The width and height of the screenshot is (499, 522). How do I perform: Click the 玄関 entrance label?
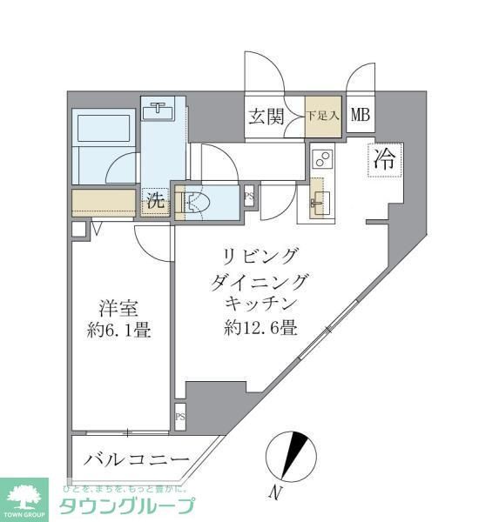tap(266, 116)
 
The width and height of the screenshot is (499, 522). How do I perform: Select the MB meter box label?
tap(361, 114)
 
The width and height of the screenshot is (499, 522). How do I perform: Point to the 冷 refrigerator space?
tap(383, 159)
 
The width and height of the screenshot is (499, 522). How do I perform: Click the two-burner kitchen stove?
tap(322, 159)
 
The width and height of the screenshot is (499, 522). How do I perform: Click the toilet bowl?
tap(196, 204)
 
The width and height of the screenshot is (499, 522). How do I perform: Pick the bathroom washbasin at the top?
tap(159, 110)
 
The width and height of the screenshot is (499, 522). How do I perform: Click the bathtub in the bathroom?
tap(103, 127)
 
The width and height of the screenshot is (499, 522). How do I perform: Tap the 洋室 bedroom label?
tap(115, 310)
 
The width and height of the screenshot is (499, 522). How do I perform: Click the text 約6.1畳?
tap(117, 331)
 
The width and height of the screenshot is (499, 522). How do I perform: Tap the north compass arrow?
tap(296, 452)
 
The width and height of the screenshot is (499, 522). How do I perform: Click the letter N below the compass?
tap(275, 494)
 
